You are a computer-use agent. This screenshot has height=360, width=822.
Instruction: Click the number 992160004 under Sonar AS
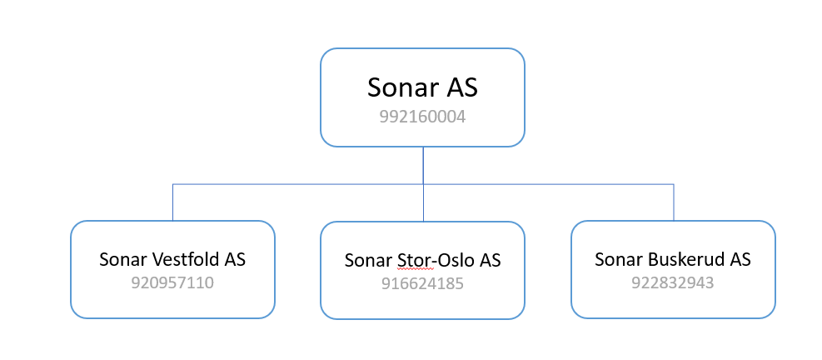click(422, 117)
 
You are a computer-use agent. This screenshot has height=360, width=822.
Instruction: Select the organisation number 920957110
click(172, 282)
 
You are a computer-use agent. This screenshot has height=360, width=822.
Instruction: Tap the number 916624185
click(422, 284)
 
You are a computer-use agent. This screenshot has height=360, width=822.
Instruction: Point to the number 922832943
click(673, 282)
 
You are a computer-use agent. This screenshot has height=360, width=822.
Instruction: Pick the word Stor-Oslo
click(435, 260)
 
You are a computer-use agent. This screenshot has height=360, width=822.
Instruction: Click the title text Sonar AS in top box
click(422, 87)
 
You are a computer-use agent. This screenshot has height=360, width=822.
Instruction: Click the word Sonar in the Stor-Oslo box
click(369, 260)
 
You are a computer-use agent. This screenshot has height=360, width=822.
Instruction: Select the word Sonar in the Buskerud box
click(619, 259)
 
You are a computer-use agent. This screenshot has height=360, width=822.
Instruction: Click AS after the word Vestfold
click(236, 259)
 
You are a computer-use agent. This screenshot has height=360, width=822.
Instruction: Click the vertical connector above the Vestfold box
click(173, 202)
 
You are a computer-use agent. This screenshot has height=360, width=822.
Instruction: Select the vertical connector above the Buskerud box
click(673, 202)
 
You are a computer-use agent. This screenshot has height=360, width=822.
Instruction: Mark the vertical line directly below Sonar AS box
click(423, 165)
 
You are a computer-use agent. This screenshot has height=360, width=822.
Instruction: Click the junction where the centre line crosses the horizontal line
click(423, 184)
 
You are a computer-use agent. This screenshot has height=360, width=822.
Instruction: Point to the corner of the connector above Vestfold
click(173, 184)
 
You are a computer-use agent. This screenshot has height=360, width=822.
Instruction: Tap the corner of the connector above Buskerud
click(673, 184)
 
